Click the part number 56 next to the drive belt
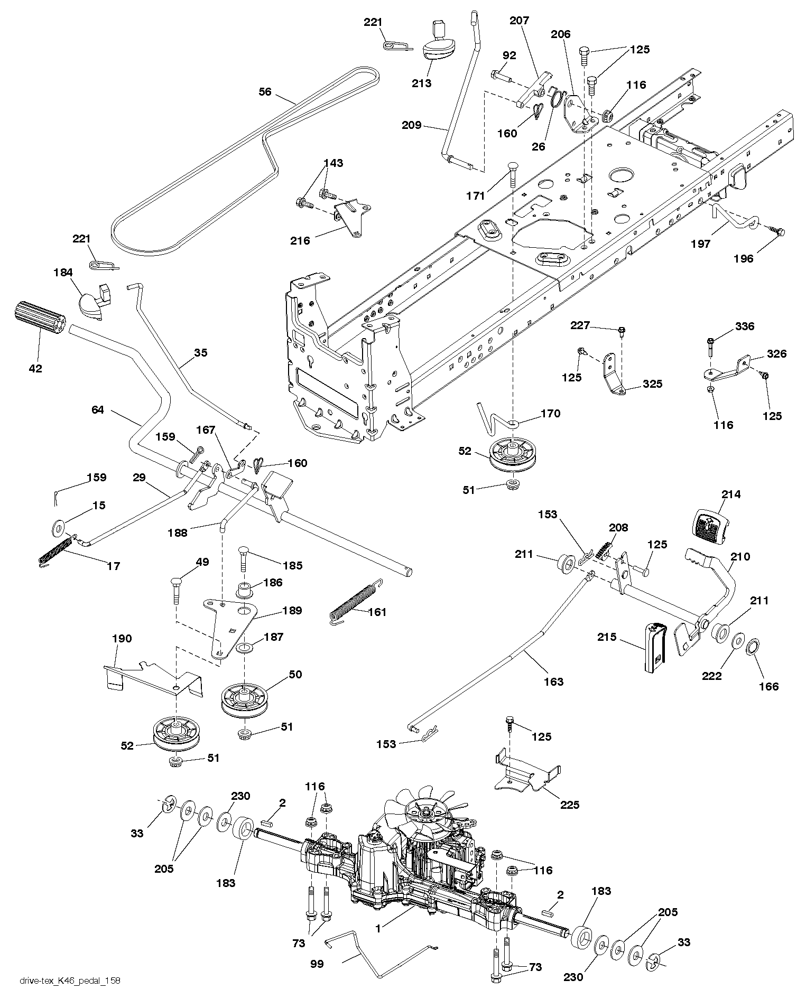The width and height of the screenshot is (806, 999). point(265,92)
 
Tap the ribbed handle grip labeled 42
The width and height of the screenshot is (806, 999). point(38,318)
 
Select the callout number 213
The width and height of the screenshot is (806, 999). point(422,83)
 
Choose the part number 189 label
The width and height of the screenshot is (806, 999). point(292,611)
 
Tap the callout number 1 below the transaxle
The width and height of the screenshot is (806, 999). point(378,928)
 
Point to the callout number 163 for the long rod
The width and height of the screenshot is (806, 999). point(553,681)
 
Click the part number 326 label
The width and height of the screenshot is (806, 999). point(776,354)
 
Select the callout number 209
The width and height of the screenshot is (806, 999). point(412,125)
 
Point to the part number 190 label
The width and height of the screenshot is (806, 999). point(122,639)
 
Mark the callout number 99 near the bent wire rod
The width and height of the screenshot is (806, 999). point(317,964)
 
